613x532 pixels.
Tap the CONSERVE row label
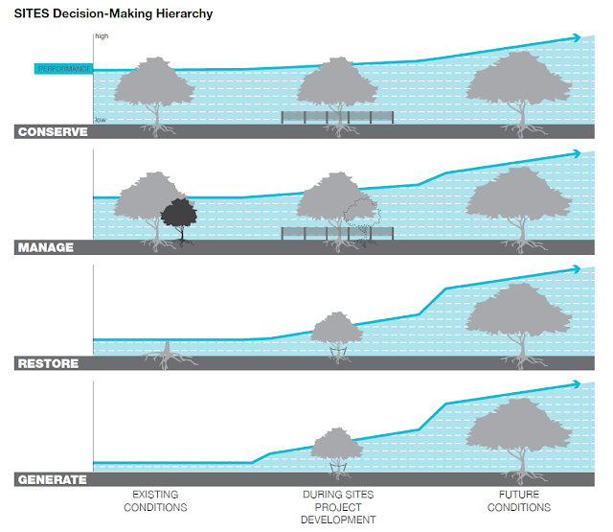click(x=53, y=131)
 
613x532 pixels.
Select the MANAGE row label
click(x=46, y=247)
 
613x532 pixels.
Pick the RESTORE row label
click(x=48, y=363)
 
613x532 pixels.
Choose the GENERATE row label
click(x=52, y=479)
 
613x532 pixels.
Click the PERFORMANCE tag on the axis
click(x=64, y=69)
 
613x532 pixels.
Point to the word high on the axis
click(x=102, y=36)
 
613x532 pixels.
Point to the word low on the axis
click(x=101, y=120)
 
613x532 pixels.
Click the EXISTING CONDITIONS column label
click(x=155, y=500)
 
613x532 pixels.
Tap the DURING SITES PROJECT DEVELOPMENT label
click(x=337, y=507)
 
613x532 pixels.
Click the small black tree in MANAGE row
click(x=177, y=216)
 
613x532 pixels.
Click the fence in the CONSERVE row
click(x=337, y=117)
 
